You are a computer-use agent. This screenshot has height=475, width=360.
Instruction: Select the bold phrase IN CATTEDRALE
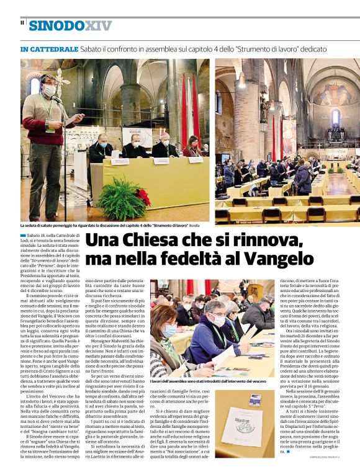coord(49,48)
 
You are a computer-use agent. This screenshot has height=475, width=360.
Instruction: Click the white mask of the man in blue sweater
coord(218,321)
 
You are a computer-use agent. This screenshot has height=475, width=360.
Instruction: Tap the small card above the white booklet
coord(255,400)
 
